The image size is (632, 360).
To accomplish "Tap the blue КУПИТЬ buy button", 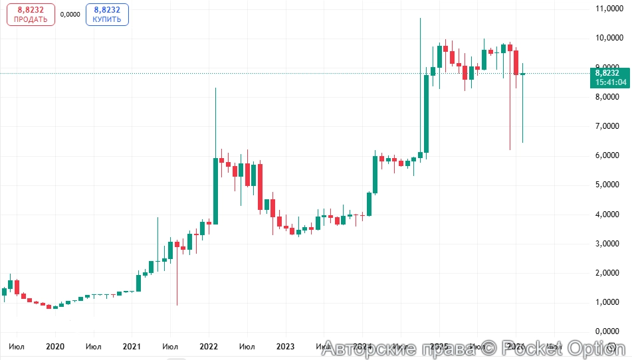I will (x=107, y=14).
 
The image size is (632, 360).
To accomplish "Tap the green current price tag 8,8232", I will (x=607, y=73).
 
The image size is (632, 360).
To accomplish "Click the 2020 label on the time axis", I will (x=55, y=346).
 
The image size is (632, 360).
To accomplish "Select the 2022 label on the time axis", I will (x=209, y=346).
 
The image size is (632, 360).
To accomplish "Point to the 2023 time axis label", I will (x=285, y=346).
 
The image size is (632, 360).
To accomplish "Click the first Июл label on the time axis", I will (x=18, y=346).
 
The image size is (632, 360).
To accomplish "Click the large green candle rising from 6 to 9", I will (x=427, y=113).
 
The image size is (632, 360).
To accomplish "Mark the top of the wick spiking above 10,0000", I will (x=420, y=19).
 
